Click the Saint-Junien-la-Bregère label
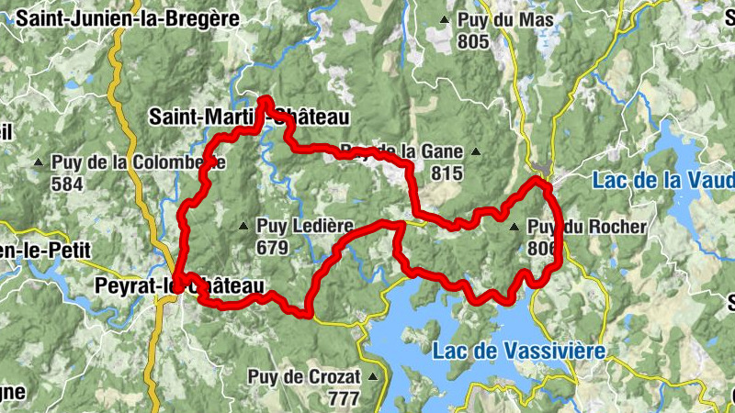(127, 17)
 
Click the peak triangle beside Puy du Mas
(446, 19)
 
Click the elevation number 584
(67, 184)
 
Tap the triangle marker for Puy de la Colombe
(38, 163)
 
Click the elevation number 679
(273, 247)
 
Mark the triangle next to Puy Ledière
(243, 226)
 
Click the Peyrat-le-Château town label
(178, 286)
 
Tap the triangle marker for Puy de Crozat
(373, 376)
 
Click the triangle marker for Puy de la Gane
(475, 151)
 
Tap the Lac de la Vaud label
(662, 180)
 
